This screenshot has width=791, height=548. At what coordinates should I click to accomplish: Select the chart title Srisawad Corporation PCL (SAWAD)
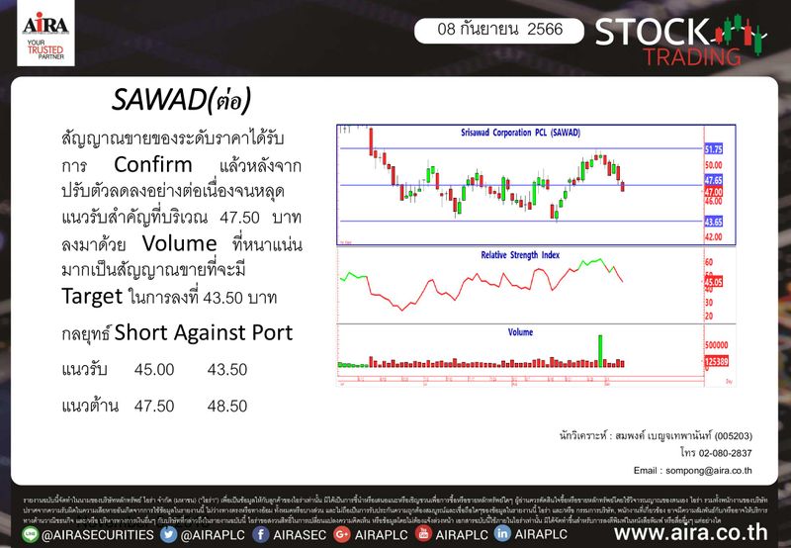(x=519, y=132)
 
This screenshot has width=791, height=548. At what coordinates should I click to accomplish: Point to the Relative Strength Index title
(x=520, y=254)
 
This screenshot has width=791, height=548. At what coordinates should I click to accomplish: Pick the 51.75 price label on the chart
(x=714, y=148)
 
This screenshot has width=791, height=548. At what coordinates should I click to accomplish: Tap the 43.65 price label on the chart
(x=714, y=221)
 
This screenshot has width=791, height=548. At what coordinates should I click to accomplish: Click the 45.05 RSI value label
(x=714, y=282)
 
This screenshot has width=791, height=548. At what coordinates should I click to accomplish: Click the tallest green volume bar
(x=600, y=350)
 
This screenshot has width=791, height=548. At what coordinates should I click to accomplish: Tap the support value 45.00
(x=153, y=369)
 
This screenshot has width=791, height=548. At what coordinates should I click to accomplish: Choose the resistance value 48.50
(x=226, y=406)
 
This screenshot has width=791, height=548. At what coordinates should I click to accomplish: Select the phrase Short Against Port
(x=204, y=333)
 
